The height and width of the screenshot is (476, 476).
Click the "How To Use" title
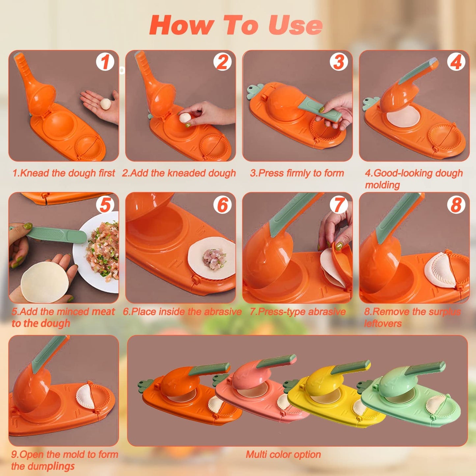coord(236,25)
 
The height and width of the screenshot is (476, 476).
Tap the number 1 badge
coord(105,62)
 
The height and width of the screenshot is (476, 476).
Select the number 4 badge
coord(456,62)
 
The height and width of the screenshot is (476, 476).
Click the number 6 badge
coord(222,205)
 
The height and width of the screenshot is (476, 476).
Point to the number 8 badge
coord(456,205)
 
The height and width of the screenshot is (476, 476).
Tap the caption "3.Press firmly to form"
coord(297,173)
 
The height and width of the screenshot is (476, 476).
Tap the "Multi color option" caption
coord(283,455)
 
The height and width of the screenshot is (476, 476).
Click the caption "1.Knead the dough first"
coord(64,173)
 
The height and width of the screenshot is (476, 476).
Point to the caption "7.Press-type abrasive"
coord(297,312)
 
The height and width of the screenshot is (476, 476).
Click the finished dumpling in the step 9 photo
coord(85,396)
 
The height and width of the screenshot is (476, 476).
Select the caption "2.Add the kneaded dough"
coord(179,173)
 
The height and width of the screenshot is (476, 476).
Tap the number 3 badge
coord(339,62)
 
